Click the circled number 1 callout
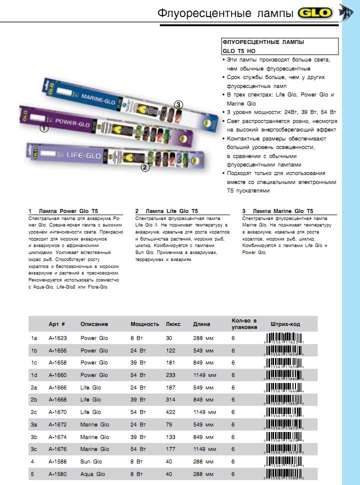[44, 128]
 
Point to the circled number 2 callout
[145, 167]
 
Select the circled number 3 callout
[178, 104]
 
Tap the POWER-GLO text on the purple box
[72, 121]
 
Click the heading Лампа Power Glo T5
[70, 211]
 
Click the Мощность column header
[144, 324]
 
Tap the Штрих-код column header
[285, 324]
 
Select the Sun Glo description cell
[91, 461]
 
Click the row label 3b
[34, 437]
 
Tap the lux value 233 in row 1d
[170, 375]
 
